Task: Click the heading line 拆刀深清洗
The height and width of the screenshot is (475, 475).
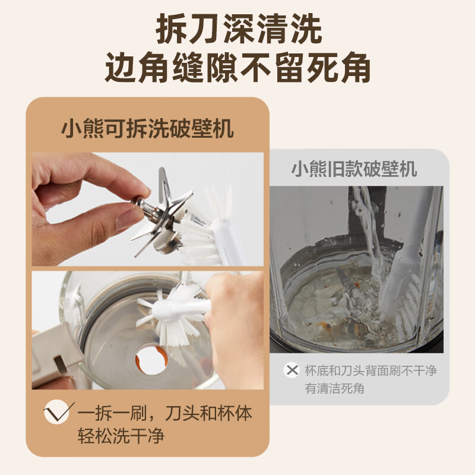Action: [x=239, y=29]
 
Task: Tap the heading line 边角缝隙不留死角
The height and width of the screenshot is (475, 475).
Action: [x=238, y=67]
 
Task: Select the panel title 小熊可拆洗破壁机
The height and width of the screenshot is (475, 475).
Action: [x=147, y=129]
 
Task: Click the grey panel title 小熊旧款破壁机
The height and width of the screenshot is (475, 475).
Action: [x=354, y=169]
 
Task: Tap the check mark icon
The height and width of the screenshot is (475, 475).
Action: [x=58, y=411]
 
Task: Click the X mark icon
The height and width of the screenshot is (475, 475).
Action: [x=292, y=370]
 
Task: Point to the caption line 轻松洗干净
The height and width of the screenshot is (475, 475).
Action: [x=121, y=436]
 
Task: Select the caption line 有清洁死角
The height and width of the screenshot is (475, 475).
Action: [x=334, y=388]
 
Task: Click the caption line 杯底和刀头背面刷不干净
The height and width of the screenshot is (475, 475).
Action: [x=370, y=370]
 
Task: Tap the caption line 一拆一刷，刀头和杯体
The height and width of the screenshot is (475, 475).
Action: [x=165, y=413]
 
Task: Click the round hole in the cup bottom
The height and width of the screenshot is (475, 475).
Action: [x=151, y=360]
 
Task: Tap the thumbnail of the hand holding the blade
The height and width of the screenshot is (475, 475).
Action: [x=147, y=210]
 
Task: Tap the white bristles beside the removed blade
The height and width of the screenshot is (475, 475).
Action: [x=197, y=239]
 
